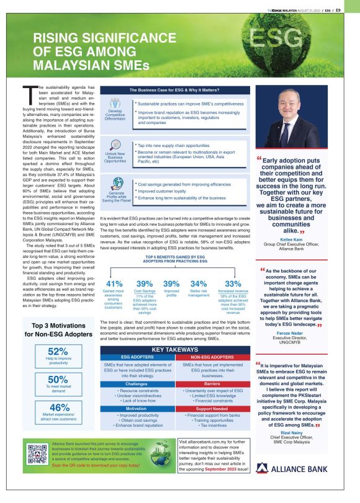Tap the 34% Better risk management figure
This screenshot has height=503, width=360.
click(x=199, y=283)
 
